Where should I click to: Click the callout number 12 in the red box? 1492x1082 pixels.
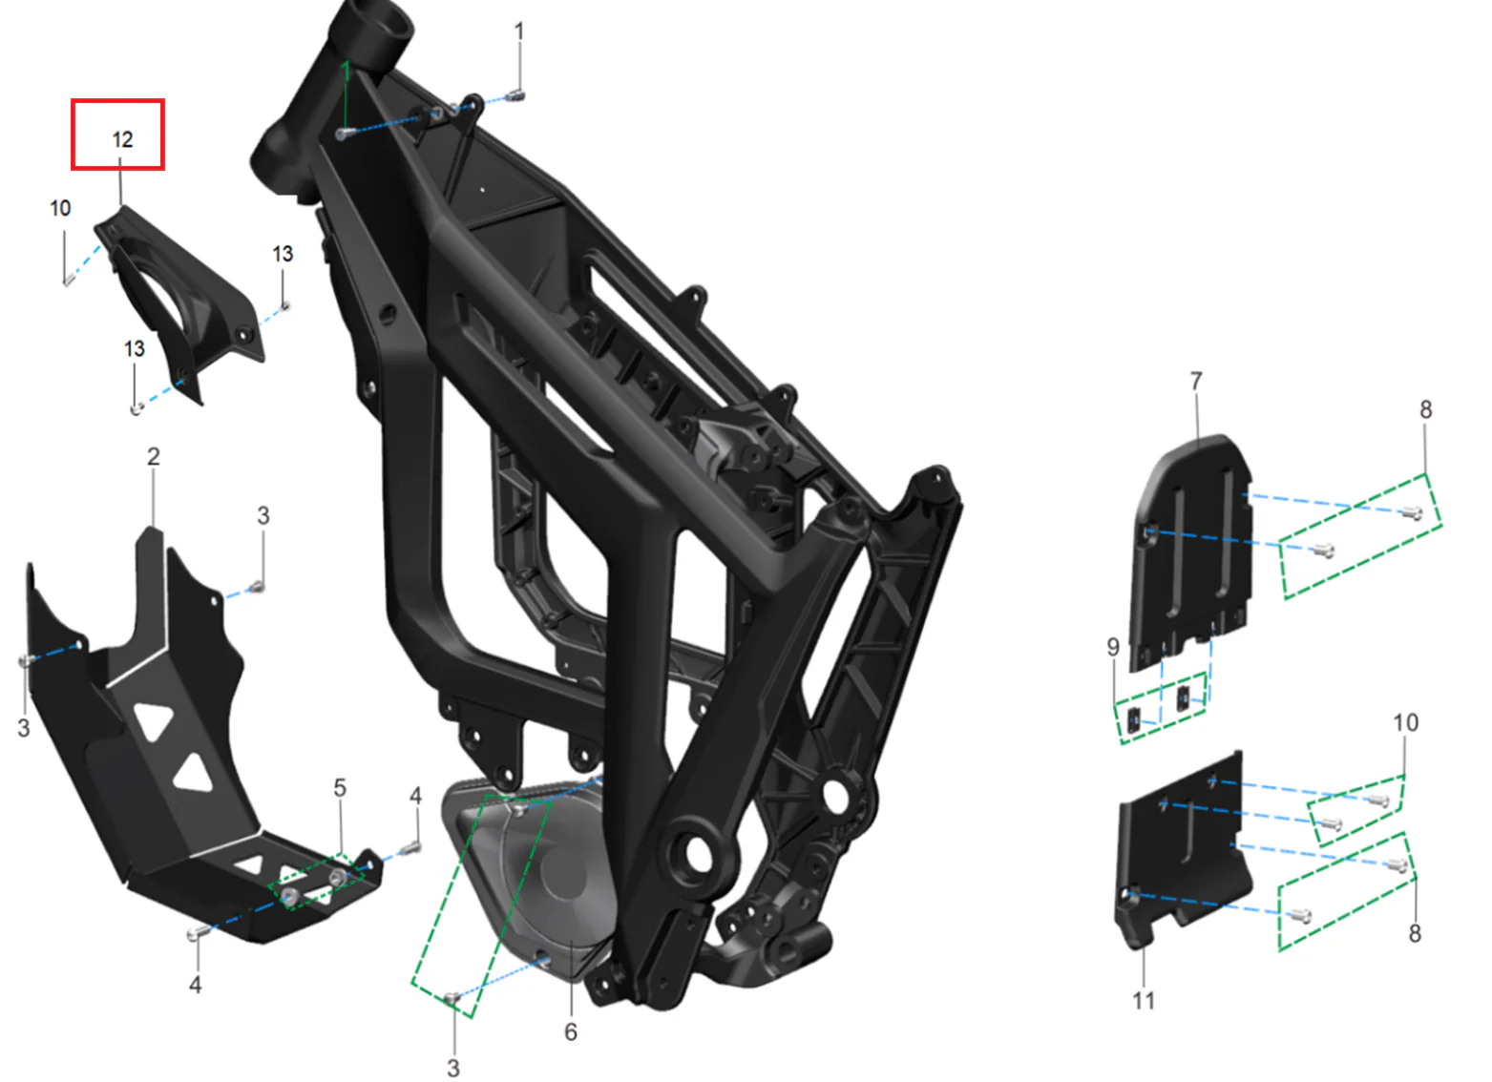[123, 140]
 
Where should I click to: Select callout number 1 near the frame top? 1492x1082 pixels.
[519, 31]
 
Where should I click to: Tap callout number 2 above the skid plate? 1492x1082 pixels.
[153, 457]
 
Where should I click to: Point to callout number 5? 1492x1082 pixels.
[340, 788]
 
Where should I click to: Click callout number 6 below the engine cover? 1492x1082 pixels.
[571, 1031]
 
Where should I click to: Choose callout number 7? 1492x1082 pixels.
[1196, 381]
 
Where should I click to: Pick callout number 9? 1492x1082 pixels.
[1113, 647]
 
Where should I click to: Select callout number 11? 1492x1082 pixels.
[1144, 1000]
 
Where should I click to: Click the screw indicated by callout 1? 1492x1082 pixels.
[516, 95]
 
